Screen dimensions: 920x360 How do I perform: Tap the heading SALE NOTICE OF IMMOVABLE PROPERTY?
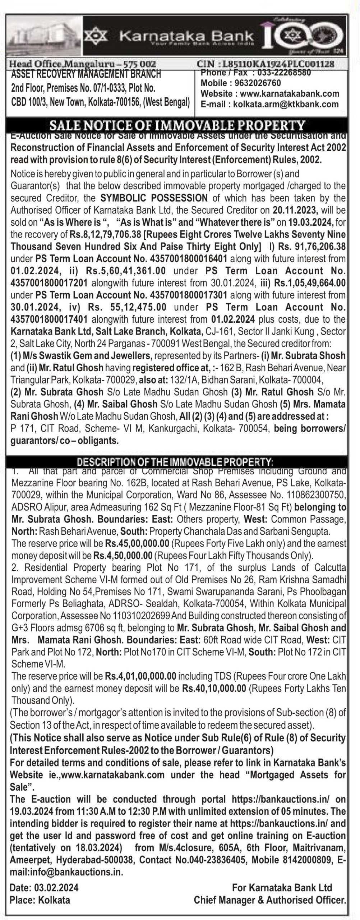(x=177, y=125)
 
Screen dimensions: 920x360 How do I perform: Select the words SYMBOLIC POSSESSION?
(x=154, y=198)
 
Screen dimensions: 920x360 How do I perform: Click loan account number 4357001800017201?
(x=49, y=283)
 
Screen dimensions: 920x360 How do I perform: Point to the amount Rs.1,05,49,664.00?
(x=310, y=283)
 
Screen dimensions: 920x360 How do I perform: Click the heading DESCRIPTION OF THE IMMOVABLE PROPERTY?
(x=175, y=461)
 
